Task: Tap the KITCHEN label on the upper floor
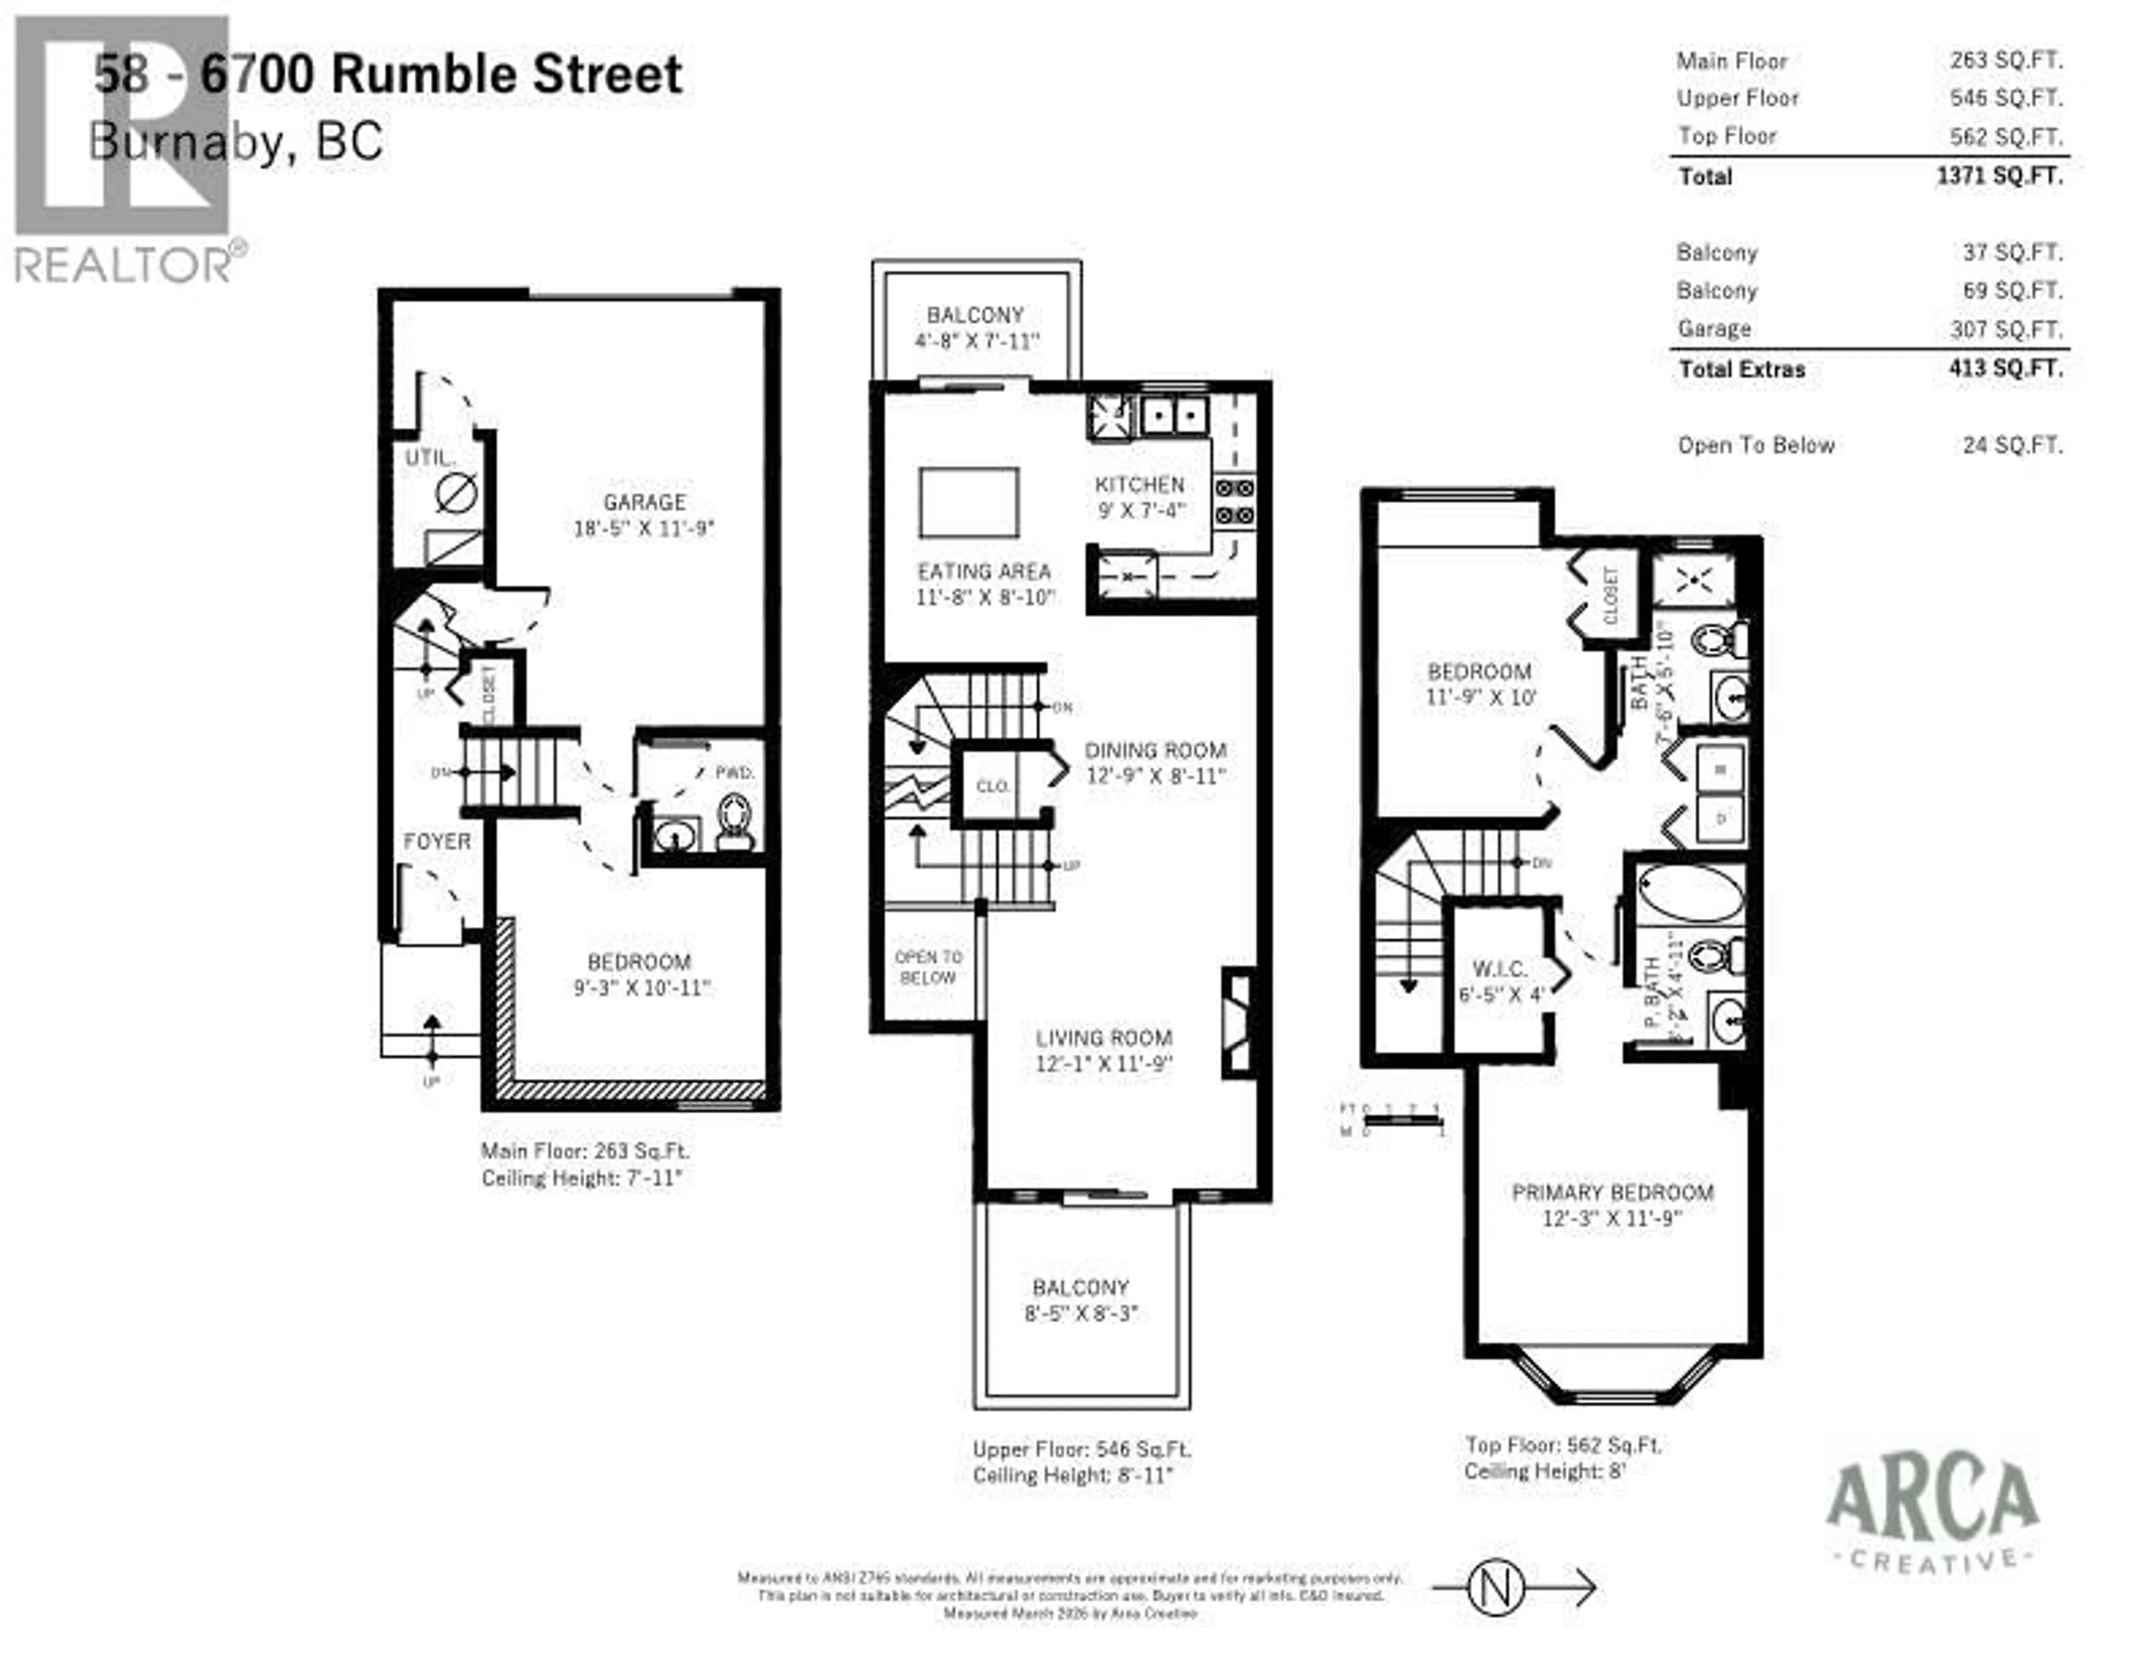(x=1139, y=485)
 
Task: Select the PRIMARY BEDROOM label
(x=1612, y=1193)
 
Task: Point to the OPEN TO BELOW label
(x=928, y=967)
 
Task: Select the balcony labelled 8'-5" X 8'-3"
(x=1081, y=1300)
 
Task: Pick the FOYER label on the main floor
(x=437, y=842)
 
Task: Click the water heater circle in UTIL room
(x=456, y=493)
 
